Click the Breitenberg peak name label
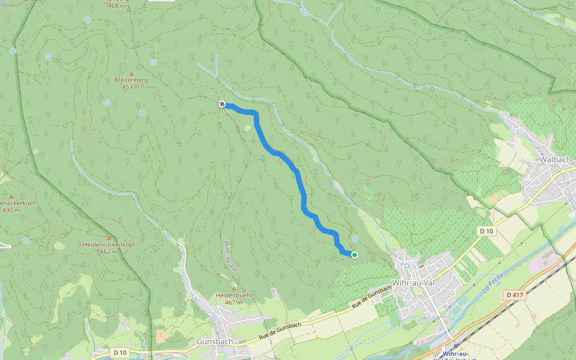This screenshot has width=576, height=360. [x=131, y=79]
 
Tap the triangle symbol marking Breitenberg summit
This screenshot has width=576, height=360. [x=131, y=73]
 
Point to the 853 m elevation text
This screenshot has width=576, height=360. [x=131, y=87]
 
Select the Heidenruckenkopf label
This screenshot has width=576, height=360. [x=109, y=245]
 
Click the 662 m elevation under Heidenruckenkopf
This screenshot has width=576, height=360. [x=109, y=252]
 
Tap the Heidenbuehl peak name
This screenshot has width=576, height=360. [x=234, y=295]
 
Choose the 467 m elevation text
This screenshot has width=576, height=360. [x=234, y=302]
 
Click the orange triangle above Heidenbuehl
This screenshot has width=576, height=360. [x=234, y=289]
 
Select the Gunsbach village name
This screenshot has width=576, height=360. [x=215, y=341]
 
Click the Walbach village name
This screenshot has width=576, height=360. [x=555, y=160]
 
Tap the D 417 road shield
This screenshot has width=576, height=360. [x=515, y=295]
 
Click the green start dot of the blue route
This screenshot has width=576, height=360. [x=354, y=255]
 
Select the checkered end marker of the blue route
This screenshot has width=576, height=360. [x=222, y=104]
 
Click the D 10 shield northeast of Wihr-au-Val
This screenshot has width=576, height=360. [x=486, y=231]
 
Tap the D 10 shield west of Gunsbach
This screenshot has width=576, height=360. [x=119, y=352]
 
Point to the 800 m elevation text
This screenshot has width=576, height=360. [x=11, y=210]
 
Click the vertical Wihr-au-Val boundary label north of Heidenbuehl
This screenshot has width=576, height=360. [x=230, y=257]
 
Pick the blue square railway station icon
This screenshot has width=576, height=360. [x=456, y=346]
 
